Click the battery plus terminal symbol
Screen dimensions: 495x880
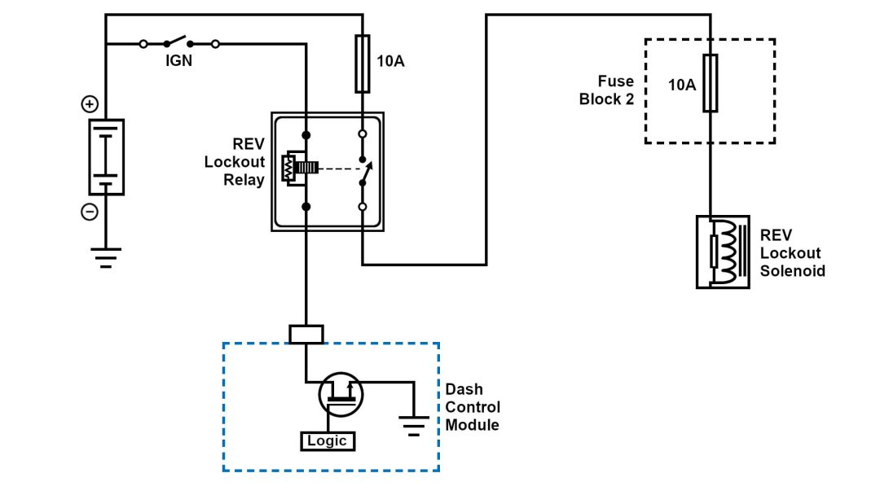coord(90,104)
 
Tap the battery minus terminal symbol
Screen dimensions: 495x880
coord(90,212)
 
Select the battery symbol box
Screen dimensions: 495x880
coord(106,157)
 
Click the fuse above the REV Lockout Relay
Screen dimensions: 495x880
coord(363,64)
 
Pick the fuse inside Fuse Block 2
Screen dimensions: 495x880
coord(711,83)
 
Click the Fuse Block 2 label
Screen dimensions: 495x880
coord(606,90)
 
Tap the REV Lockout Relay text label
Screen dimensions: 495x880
coord(236,161)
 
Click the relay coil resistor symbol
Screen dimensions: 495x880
coord(288,169)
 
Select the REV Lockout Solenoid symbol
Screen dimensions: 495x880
coord(723,252)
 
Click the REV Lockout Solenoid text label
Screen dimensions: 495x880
coord(792,252)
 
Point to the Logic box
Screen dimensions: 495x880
coord(328,441)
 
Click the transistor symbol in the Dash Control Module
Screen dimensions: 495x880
coord(341,395)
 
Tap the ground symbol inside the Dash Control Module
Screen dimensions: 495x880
coord(415,424)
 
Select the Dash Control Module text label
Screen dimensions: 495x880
coord(473,407)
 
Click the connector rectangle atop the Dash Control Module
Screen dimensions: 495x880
coord(306,334)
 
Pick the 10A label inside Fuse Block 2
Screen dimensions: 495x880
coord(682,84)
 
